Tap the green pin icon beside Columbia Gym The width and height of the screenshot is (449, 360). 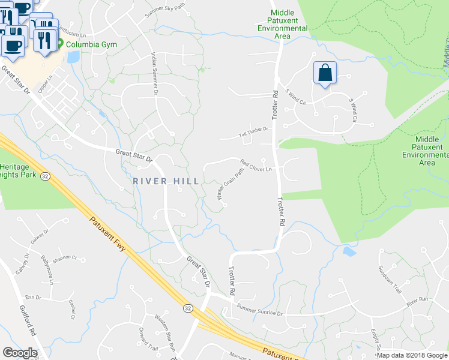[61, 44]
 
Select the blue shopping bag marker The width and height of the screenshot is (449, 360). [325, 73]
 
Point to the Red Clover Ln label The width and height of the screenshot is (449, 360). [256, 165]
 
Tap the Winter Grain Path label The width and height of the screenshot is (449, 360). [231, 184]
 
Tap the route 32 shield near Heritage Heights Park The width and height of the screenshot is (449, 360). [44, 176]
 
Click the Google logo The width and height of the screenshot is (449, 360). [20, 353]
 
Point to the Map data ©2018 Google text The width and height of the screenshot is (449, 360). [412, 355]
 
